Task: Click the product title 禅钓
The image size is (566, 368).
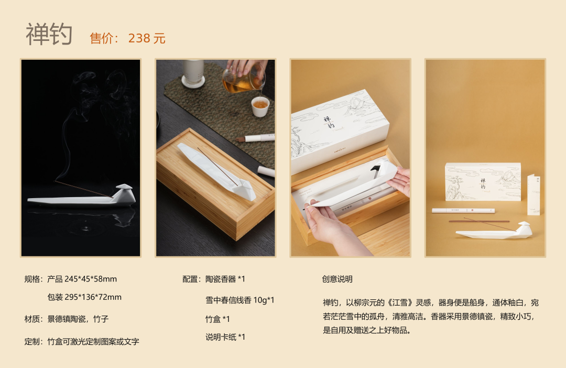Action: pos(49,34)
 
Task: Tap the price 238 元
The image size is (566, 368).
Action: pos(147,38)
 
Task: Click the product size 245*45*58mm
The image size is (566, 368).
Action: pos(91,279)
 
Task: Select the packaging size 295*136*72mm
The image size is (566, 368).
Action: pos(93,297)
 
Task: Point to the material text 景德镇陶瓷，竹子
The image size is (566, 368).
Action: pos(78,319)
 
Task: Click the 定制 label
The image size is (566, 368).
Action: pos(32,341)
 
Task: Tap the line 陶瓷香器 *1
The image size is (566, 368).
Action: pos(225,279)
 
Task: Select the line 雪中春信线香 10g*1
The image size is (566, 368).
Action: pos(240,300)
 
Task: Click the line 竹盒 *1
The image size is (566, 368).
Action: pos(217,319)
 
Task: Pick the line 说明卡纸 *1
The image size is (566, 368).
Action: pos(225,337)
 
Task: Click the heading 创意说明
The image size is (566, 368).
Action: pos(337,279)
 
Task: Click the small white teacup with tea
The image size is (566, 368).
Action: pos(260,106)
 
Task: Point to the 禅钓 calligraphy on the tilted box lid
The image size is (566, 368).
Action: pos(328,122)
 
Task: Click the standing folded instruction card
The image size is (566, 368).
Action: pos(534,194)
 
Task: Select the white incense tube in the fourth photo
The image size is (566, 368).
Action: pos(463,210)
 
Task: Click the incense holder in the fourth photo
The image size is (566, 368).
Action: pos(494,231)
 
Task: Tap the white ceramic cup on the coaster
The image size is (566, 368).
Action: pos(193,74)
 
